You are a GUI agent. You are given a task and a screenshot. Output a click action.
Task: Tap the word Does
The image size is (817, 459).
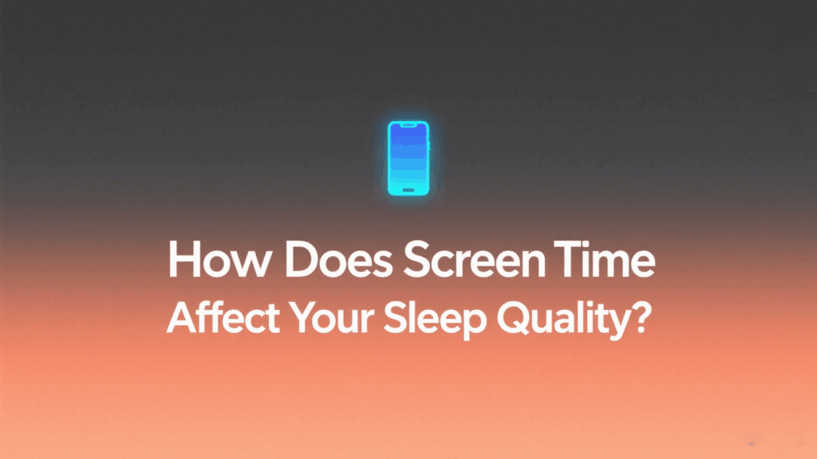pos(338,260)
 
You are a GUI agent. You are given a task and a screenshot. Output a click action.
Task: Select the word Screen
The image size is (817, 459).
pos(475,260)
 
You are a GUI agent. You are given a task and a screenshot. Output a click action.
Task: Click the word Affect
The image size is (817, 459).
pos(223,317)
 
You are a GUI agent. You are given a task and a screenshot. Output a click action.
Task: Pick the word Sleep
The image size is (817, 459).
pos(435,320)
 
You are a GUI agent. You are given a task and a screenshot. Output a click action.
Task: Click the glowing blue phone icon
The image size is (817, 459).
pos(408,159)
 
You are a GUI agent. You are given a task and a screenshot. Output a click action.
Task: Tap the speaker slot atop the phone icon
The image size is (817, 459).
pos(408,125)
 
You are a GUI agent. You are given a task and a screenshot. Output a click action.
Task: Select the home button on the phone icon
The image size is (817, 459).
pos(408,190)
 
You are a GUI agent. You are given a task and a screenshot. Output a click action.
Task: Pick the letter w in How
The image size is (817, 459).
pos(252,265)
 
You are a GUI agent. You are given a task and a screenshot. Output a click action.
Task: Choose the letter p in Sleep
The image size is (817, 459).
pos(474,324)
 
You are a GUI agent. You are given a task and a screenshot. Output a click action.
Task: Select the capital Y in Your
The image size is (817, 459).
pos(303,317)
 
